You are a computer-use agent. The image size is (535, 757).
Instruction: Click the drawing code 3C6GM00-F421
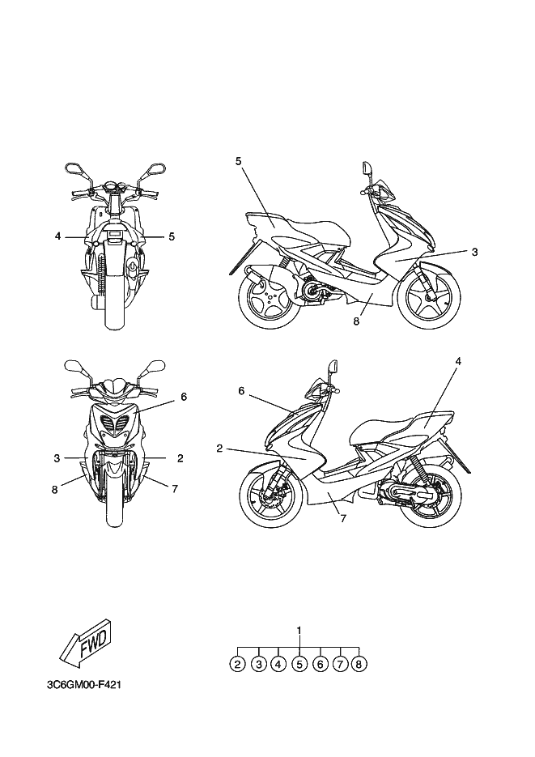84,684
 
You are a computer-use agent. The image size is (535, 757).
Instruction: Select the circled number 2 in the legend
237,664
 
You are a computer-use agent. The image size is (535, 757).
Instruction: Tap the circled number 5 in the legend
299,664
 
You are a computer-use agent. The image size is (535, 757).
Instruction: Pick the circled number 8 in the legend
360,664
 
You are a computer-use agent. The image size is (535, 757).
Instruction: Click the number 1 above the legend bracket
299,630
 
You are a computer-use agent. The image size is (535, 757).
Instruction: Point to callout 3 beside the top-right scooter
475,252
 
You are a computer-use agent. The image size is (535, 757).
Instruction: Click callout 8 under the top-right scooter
356,321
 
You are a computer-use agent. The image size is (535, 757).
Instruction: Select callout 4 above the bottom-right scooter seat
457,361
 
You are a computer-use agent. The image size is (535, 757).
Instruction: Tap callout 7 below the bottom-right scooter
343,519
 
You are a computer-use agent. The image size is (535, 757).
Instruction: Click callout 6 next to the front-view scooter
184,397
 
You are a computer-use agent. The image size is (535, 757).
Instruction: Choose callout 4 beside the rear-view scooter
58,236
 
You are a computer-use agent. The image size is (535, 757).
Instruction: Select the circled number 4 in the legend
278,664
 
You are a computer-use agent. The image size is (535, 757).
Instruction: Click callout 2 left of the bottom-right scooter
219,448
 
